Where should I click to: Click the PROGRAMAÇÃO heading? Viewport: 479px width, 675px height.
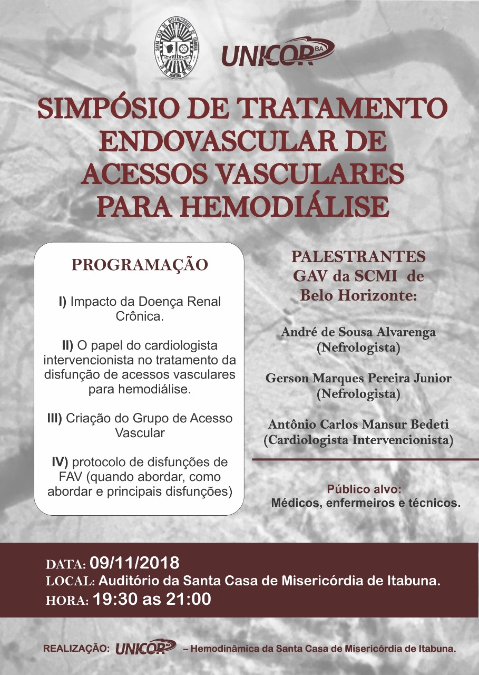tap(140, 265)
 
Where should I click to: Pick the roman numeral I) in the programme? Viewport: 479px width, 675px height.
tap(63, 302)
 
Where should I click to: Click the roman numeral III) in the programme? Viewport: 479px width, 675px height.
tap(54, 418)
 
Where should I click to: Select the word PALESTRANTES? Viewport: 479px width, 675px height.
tap(358, 257)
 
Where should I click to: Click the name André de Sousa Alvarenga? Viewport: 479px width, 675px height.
tap(358, 332)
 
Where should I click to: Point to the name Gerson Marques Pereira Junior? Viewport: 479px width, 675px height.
tap(358, 378)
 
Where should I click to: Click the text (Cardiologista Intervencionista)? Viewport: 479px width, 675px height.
tap(358, 440)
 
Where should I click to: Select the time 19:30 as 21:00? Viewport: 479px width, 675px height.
tap(152, 599)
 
